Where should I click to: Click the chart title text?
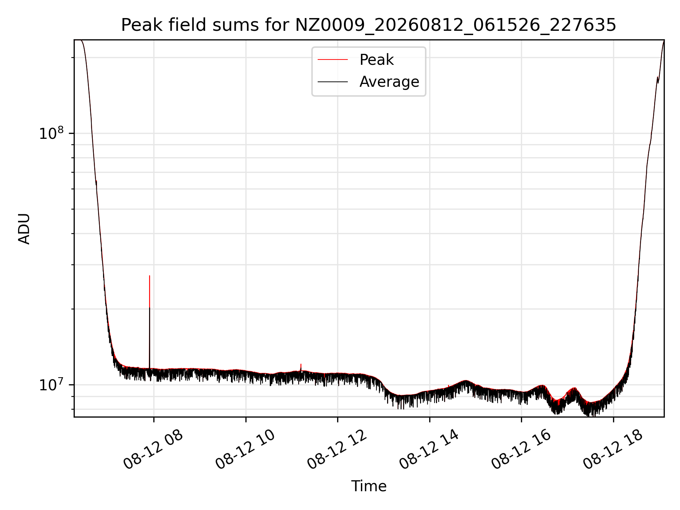(369, 25)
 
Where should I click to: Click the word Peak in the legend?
(376, 59)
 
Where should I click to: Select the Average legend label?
(389, 82)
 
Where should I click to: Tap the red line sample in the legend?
(333, 59)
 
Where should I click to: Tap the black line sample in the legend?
(333, 82)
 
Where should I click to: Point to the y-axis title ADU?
(24, 229)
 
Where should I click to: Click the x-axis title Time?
(369, 486)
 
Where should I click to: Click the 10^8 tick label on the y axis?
(51, 134)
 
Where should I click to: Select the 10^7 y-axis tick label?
(51, 385)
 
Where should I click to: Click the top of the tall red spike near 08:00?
(149, 276)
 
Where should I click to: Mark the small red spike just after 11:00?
(301, 364)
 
